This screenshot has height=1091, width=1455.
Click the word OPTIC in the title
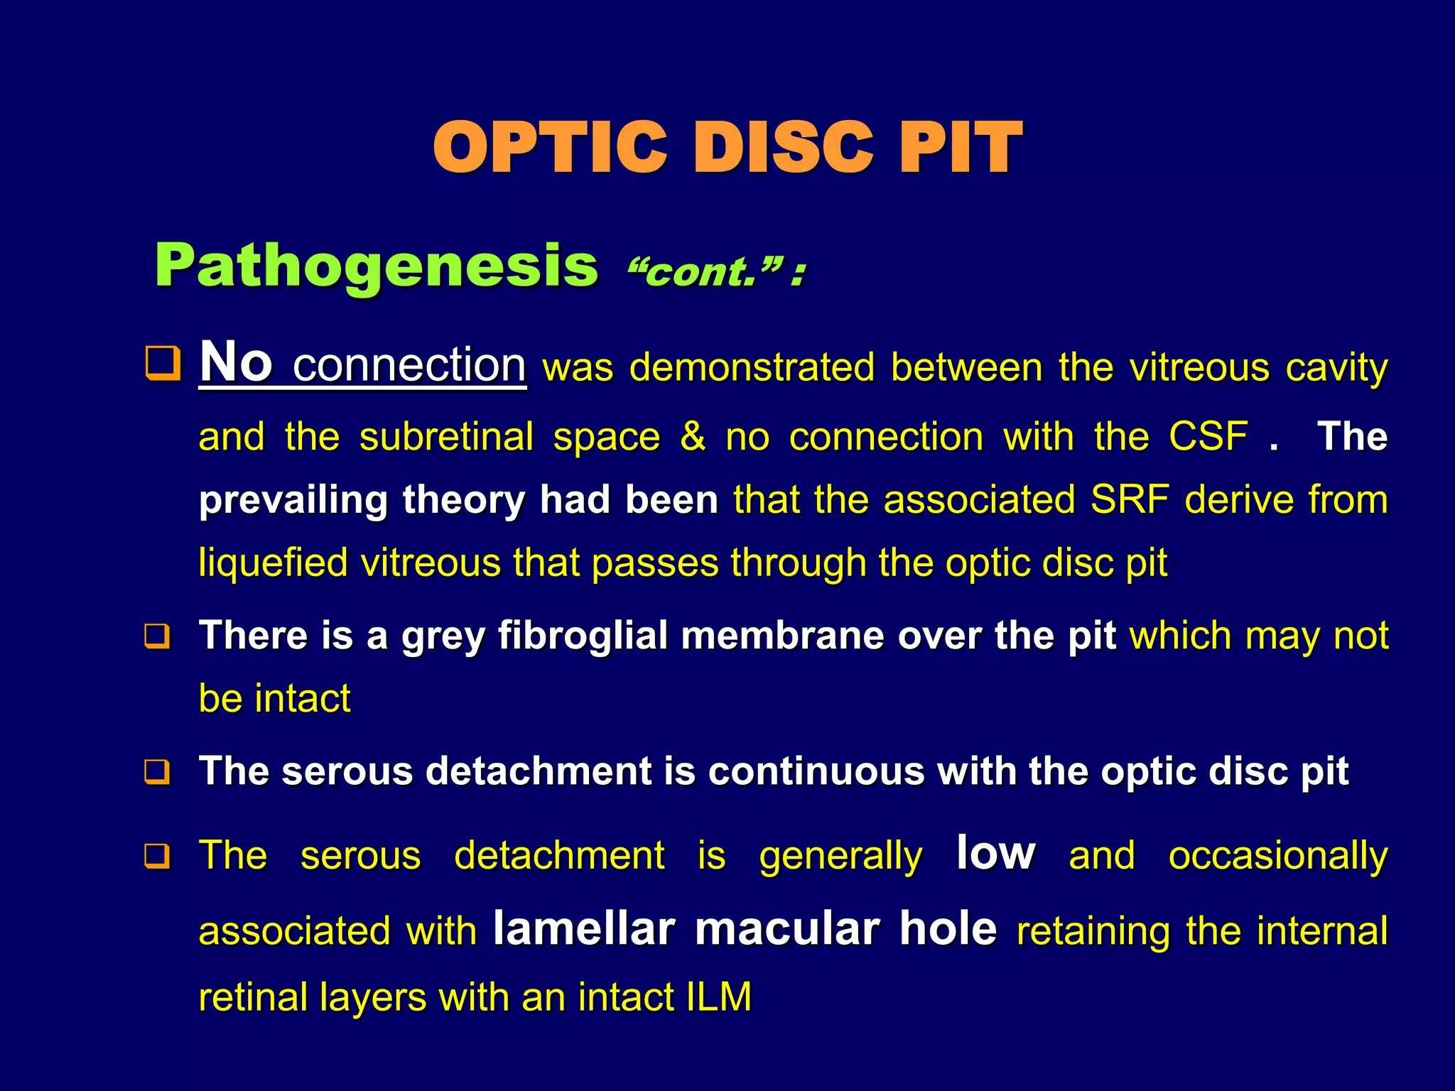pos(551,147)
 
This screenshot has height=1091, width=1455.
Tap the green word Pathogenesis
pos(377,266)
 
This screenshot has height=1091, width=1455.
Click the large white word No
pos(236,362)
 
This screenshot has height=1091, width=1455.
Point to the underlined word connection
pos(409,365)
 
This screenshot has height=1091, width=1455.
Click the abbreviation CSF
pos(1208,436)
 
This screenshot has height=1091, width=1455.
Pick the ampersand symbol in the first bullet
pos(693,436)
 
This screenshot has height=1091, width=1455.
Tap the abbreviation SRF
pos(1130,499)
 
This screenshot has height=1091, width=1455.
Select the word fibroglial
pos(583,635)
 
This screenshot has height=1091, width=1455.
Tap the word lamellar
pos(584,929)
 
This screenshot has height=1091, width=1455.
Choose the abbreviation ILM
pos(719,997)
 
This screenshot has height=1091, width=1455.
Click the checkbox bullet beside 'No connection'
pos(162,363)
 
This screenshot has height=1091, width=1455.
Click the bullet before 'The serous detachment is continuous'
pos(157,771)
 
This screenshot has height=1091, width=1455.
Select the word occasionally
pos(1277,856)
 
